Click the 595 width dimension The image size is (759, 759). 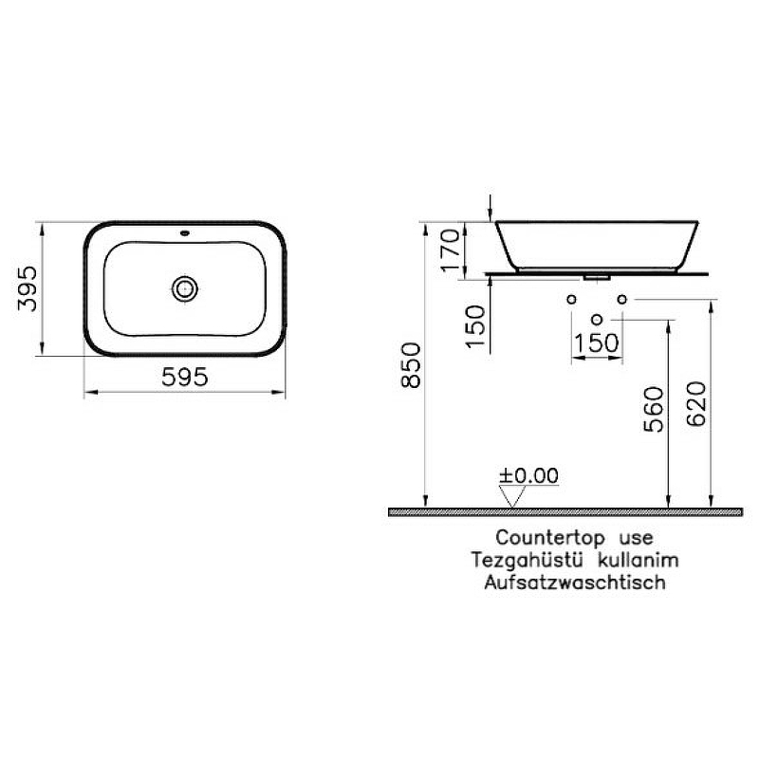coord(185,377)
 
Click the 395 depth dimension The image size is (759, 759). coord(28,288)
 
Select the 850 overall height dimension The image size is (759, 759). coord(411,365)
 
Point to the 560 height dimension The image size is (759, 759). coord(654,409)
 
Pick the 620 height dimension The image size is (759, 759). coord(696,404)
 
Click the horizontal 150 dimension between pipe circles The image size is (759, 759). coord(597,342)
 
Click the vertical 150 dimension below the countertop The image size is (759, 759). coord(475,326)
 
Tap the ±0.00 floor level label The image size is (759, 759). coord(528,475)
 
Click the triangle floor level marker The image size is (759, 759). coord(512,496)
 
